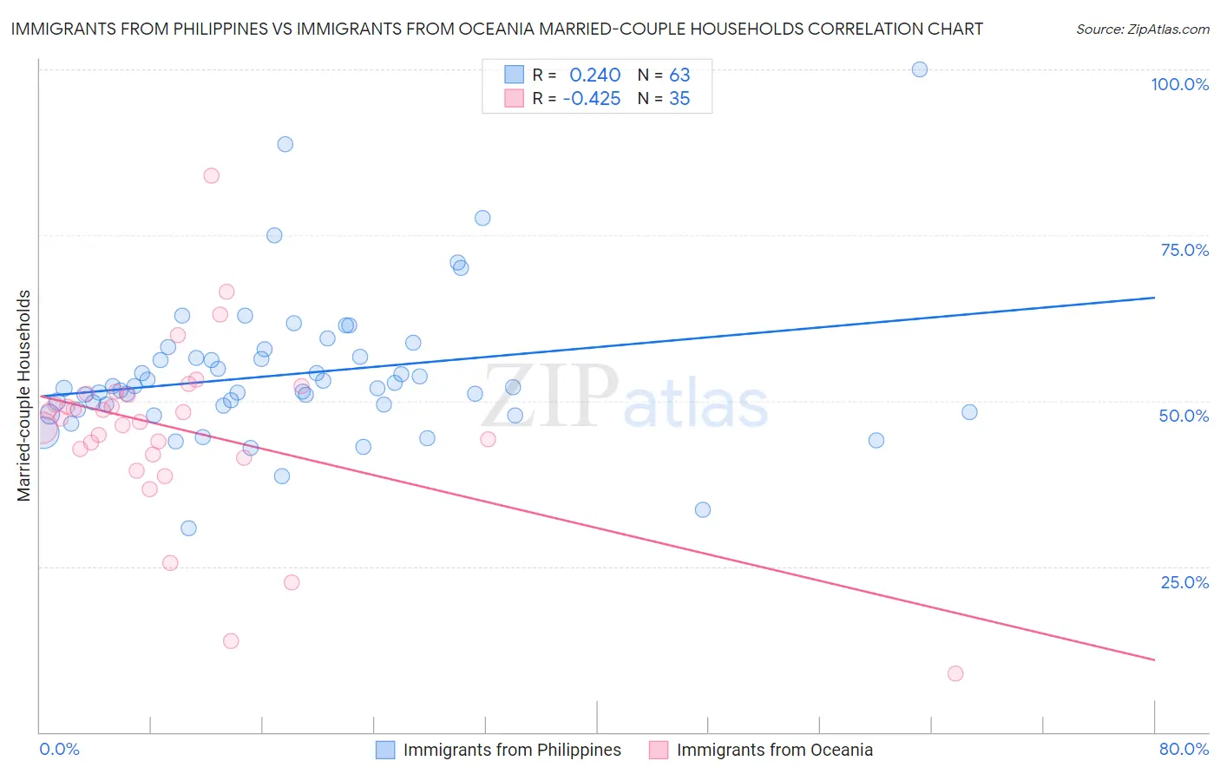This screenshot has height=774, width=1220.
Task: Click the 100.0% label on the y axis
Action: pyautogui.click(x=1179, y=84)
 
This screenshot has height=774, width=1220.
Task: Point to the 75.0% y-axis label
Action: pyautogui.click(x=1184, y=250)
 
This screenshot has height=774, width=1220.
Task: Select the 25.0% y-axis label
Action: pyautogui.click(x=1184, y=582)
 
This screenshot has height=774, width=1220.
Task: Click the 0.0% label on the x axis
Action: pyautogui.click(x=59, y=750)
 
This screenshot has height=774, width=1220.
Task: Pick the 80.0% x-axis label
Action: pyautogui.click(x=1184, y=750)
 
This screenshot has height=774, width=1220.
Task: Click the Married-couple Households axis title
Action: pyautogui.click(x=24, y=396)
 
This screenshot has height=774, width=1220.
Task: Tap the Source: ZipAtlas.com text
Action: pyautogui.click(x=1142, y=29)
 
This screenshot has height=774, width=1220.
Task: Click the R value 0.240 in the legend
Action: pyautogui.click(x=594, y=75)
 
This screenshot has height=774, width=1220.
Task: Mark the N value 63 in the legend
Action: pyautogui.click(x=679, y=75)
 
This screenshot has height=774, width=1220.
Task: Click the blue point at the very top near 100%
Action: pyautogui.click(x=920, y=69)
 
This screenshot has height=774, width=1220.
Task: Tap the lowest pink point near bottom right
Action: pyautogui.click(x=955, y=673)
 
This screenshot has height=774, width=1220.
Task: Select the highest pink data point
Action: pyautogui.click(x=211, y=175)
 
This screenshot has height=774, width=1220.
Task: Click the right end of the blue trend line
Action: pyautogui.click(x=1154, y=298)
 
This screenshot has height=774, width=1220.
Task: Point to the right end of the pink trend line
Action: pyautogui.click(x=1154, y=660)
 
